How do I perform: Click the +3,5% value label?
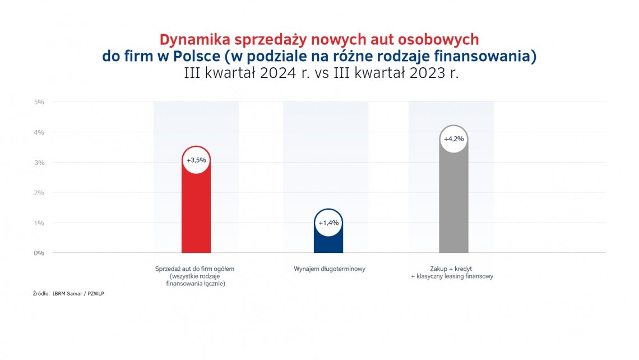196,160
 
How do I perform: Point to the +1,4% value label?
328,223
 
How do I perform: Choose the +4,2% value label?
453,139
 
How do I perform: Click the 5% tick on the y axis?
39,102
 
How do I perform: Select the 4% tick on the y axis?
39,132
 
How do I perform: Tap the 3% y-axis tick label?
39,163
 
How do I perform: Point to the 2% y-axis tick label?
39,192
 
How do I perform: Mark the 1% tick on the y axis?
39,223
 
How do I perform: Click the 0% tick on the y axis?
39,253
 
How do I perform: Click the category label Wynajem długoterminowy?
329,269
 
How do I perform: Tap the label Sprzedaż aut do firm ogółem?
195,269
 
